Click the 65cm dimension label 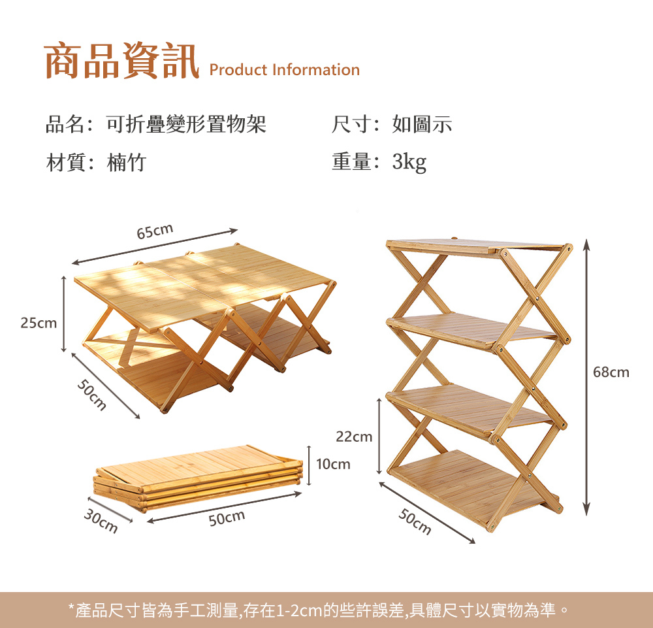[x=155, y=231]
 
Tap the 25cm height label [x=39, y=323]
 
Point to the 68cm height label [x=611, y=372]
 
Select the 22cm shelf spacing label [x=354, y=437]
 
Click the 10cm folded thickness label [x=333, y=465]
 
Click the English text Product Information [x=285, y=70]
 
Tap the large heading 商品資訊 [x=121, y=61]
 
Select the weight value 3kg [x=409, y=162]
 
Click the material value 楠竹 [x=127, y=162]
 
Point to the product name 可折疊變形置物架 [x=186, y=124]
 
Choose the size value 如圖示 [x=422, y=124]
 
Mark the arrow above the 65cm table [x=154, y=246]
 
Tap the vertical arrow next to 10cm [x=308, y=465]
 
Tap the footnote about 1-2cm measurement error [x=319, y=610]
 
